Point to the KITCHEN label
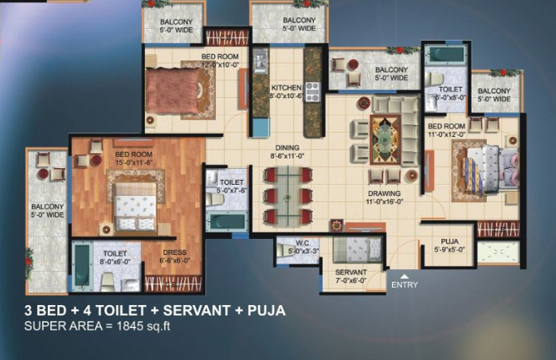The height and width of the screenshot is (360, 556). tap(285, 88)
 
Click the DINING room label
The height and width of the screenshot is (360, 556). tap(287, 147)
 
